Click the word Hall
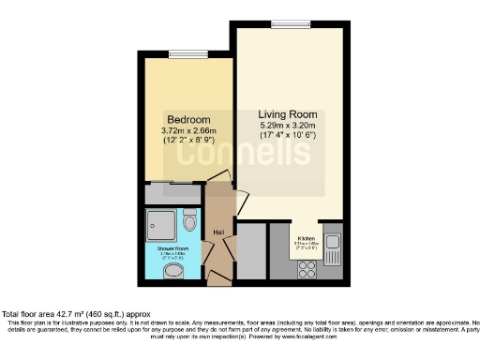(x=218, y=232)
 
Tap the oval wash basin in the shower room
(x=173, y=272)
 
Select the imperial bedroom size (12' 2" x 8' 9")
(x=187, y=142)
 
